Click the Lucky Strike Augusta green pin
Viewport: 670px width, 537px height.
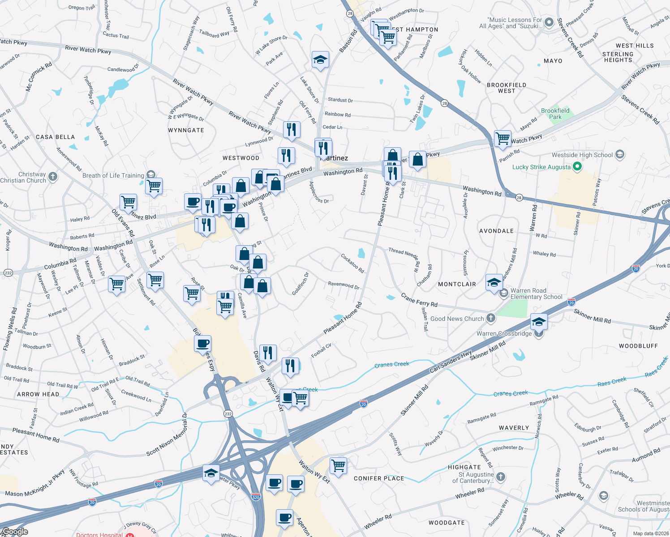577,167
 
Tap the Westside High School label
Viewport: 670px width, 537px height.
582,155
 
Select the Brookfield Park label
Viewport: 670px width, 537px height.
555,114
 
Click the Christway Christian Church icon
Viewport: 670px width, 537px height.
53,176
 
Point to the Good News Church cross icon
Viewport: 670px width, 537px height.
491,318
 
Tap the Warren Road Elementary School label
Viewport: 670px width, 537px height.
536,294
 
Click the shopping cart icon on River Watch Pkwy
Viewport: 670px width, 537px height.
502,138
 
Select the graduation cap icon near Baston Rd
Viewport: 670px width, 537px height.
320,60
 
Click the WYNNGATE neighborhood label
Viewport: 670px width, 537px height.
186,130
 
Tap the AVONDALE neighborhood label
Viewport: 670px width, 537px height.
496,231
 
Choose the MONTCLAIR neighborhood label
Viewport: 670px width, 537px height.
457,284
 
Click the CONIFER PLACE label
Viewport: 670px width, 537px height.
379,478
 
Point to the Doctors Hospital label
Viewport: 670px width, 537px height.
99,534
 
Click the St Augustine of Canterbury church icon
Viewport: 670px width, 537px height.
501,477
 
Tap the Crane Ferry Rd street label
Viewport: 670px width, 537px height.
419,300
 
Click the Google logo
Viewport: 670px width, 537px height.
15,532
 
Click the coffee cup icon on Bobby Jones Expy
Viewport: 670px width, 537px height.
202,343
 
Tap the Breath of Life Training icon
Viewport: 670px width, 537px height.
151,175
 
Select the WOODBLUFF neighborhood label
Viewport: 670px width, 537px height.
638,346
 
